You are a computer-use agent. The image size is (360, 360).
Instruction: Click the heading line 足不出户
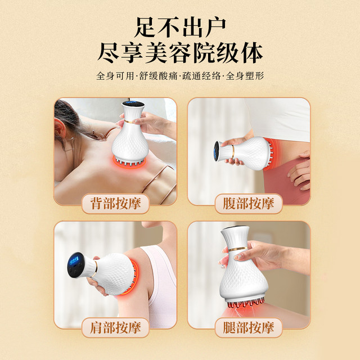click(180, 25)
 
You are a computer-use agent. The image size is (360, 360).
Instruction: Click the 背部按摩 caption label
click(115, 204)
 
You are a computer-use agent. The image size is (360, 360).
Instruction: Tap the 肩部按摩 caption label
click(115, 326)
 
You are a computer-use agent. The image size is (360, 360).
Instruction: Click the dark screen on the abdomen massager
click(215, 150)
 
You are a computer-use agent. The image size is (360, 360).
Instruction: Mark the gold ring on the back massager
click(133, 120)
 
